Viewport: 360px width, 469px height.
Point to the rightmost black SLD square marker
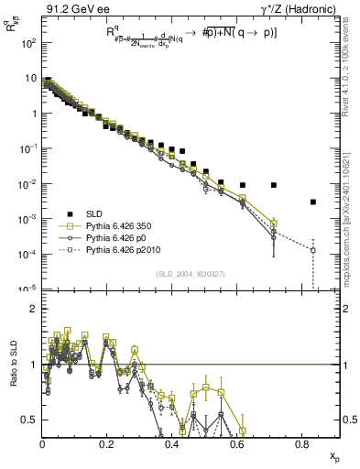[313, 202]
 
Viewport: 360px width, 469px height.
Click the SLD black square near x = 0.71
[274, 185]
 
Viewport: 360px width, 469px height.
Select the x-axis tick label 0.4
[171, 444]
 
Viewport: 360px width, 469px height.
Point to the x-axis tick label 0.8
[301, 444]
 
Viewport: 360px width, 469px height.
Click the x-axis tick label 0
[42, 444]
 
